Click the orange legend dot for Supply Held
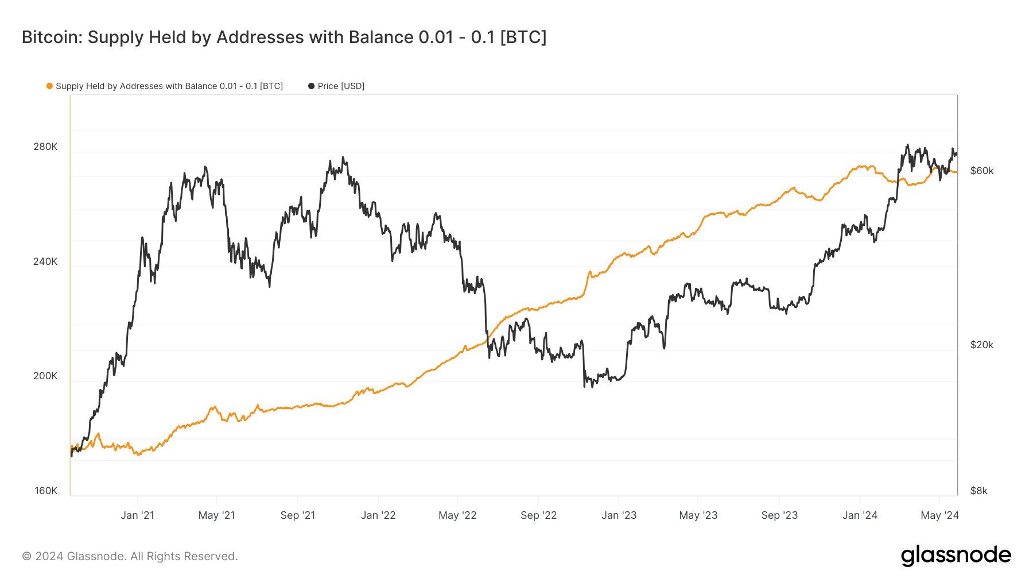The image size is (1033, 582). click(x=49, y=86)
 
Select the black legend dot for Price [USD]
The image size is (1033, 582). click(x=311, y=86)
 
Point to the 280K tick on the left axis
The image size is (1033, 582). click(x=45, y=147)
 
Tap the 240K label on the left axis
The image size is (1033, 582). click(x=45, y=261)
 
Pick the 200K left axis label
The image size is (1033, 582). click(x=45, y=376)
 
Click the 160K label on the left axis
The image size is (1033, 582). click(x=46, y=491)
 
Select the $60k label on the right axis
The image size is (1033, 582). click(x=981, y=171)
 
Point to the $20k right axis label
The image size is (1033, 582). click(x=981, y=345)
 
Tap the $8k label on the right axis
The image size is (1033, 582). click(x=978, y=491)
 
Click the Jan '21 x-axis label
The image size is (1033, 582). click(x=137, y=515)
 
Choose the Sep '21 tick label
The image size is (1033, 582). click(x=297, y=515)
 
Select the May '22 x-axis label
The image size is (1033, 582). click(x=457, y=515)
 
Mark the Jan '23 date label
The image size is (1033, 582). click(x=619, y=515)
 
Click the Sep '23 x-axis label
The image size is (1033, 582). click(x=779, y=515)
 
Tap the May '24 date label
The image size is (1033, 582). click(x=939, y=515)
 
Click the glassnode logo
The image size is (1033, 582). click(x=956, y=556)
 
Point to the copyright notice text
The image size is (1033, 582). click(x=130, y=556)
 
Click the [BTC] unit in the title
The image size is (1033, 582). click(x=523, y=37)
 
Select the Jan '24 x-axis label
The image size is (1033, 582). click(x=860, y=515)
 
